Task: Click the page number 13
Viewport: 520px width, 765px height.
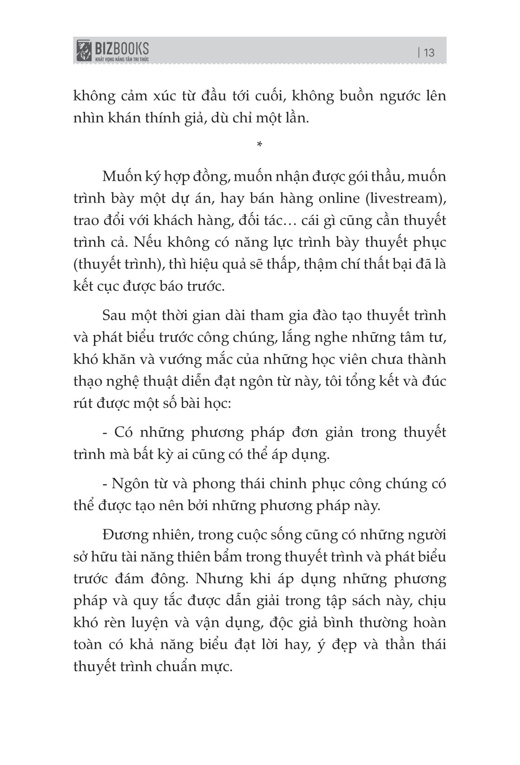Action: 429,52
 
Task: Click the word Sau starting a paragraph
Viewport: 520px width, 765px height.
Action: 114,315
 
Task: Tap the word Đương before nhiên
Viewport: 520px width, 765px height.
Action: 123,535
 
